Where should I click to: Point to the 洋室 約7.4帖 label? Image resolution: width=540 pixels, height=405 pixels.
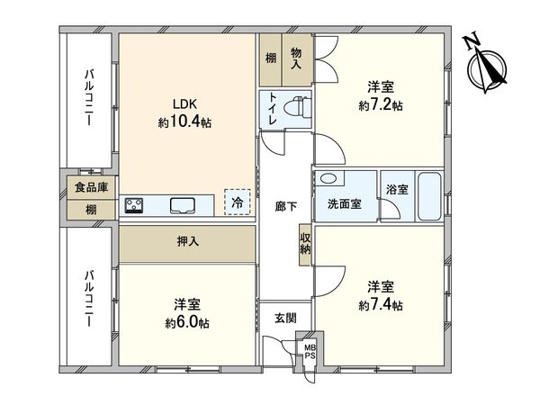tap(380, 295)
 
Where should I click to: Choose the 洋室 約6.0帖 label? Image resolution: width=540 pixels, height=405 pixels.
tap(186, 312)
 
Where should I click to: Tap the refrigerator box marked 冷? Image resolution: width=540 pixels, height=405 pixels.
tap(237, 203)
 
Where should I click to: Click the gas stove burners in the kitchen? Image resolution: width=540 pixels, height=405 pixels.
tap(136, 206)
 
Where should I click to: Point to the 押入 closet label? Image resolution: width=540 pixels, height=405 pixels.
tap(187, 243)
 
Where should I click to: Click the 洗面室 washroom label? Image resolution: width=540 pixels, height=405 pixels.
tap(345, 204)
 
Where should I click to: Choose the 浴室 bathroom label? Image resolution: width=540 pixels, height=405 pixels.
tap(397, 190)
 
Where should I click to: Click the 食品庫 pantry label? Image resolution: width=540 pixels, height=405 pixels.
tap(91, 188)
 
